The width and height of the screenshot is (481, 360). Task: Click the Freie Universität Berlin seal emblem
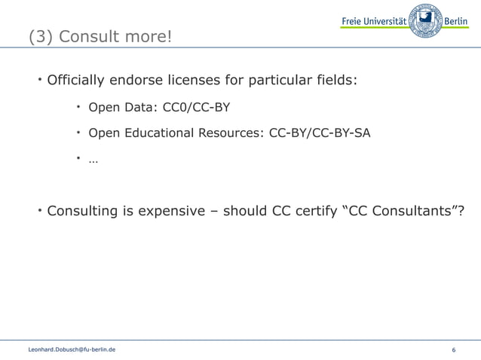tap(425, 20)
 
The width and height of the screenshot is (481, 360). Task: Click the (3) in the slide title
tap(41, 36)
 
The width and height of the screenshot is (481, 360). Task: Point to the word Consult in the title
tap(90, 36)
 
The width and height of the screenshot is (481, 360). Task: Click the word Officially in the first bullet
tap(78, 80)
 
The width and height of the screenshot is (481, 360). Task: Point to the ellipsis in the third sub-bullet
tap(93, 159)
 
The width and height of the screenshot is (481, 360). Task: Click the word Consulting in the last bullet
tap(84, 209)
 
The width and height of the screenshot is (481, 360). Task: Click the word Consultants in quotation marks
tap(412, 209)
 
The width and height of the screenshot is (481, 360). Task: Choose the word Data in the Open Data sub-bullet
tap(138, 107)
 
